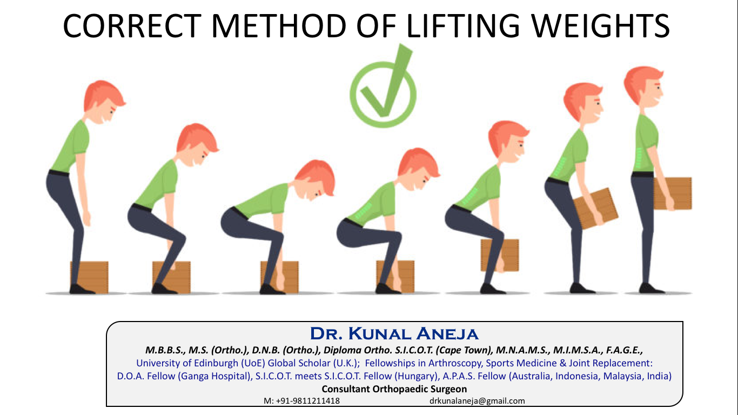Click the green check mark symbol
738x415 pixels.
383,86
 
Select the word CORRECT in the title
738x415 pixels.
128,26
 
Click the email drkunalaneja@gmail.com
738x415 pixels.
477,401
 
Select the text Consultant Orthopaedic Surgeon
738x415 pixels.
394,389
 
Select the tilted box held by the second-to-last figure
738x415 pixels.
596,207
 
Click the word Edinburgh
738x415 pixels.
211,363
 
